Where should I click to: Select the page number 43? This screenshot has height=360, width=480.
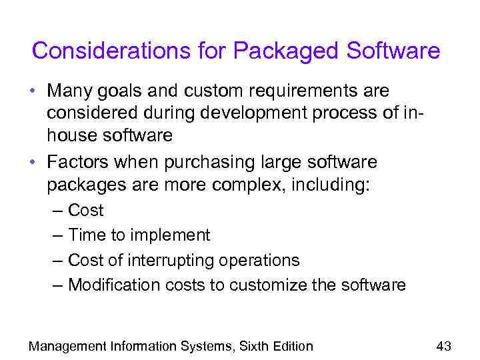[x=443, y=345]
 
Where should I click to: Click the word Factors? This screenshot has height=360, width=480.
[x=79, y=163]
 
